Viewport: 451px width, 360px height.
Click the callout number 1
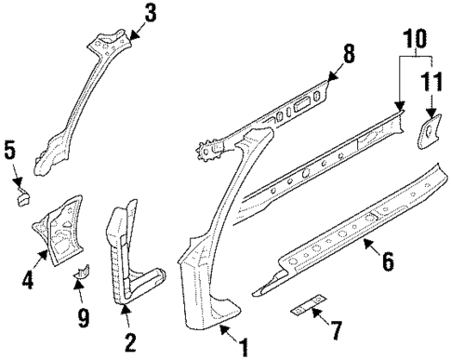click(x=245, y=348)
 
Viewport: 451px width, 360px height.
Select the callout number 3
click(x=151, y=14)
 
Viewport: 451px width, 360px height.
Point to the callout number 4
click(x=29, y=276)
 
